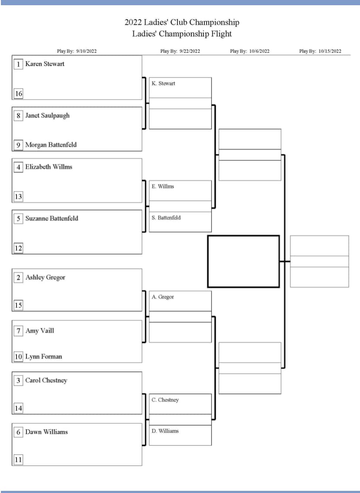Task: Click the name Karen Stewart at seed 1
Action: pos(45,64)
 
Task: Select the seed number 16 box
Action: pos(18,94)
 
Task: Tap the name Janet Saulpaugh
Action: pos(47,116)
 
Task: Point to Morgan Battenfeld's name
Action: pos(51,145)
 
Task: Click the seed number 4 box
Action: pos(18,167)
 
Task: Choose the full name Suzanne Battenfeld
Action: pos(52,218)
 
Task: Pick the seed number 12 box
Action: pos(18,248)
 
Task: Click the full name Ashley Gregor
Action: pos(45,278)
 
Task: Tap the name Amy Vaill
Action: pos(40,331)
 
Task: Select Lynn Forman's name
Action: pos(44,357)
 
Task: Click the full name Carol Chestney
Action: pos(46,381)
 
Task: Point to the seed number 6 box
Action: pos(18,432)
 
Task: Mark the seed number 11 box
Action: pos(18,460)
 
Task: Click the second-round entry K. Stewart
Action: pos(163,83)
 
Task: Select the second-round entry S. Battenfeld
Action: pos(166,218)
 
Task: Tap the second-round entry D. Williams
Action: pos(165,431)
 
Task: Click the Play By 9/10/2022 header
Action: pos(77,51)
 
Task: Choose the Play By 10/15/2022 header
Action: pos(320,51)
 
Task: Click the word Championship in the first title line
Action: pos(214,23)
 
